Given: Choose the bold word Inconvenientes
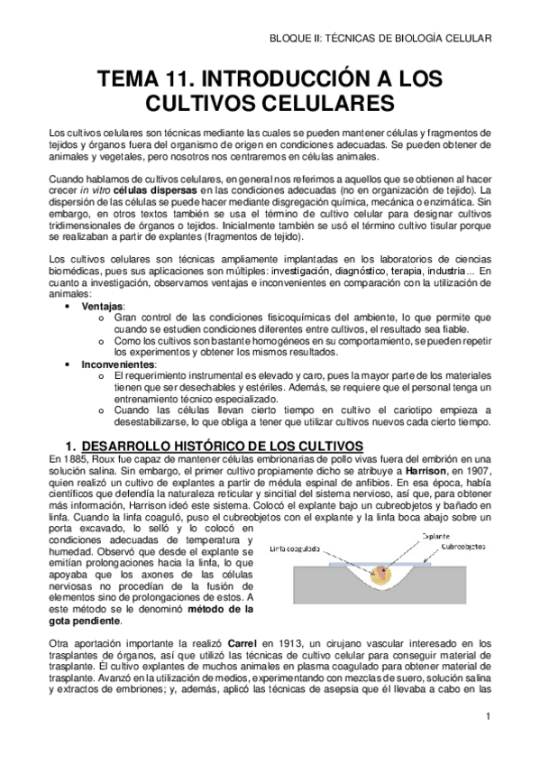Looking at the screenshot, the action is tap(117, 364).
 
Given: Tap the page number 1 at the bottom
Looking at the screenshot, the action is tap(487, 717).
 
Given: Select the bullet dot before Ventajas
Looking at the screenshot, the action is tap(70, 307).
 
